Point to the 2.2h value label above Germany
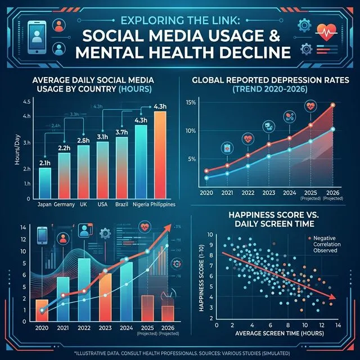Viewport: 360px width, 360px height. (x=64, y=147)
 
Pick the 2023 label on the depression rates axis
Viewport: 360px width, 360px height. (x=269, y=192)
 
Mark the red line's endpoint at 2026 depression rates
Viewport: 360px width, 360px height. (x=332, y=105)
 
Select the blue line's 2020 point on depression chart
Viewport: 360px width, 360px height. (x=207, y=178)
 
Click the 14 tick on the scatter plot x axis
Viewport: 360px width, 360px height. (x=338, y=325)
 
